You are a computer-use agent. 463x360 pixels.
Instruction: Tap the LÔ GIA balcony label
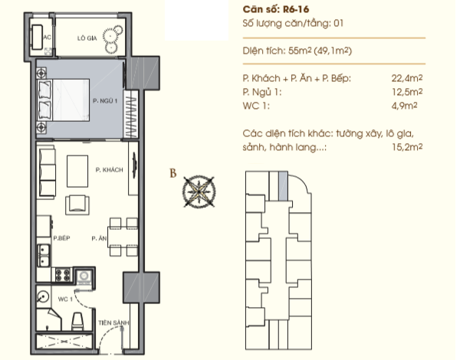click(x=87, y=38)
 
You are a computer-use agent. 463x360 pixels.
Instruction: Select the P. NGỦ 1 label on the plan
click(x=105, y=101)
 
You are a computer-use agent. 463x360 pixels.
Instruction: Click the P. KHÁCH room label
click(x=110, y=170)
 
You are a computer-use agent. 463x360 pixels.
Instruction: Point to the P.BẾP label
click(x=61, y=238)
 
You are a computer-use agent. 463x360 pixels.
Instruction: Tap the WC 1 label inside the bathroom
click(x=65, y=299)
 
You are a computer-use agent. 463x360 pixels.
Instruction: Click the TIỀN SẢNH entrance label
click(x=113, y=322)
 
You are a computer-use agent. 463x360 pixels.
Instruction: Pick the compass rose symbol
click(x=199, y=191)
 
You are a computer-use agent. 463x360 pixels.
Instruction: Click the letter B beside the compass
click(x=173, y=173)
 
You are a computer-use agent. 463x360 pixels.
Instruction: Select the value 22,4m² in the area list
click(x=407, y=78)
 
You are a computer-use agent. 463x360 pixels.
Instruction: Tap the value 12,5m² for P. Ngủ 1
click(x=407, y=92)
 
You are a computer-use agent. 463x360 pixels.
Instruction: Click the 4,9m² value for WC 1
click(x=404, y=106)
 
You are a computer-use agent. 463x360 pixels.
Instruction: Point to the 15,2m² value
click(x=407, y=146)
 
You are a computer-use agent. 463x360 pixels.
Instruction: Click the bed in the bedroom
click(x=63, y=100)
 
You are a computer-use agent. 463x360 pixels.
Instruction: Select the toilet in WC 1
click(x=77, y=321)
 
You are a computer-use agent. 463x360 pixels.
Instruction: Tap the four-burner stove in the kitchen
click(x=63, y=274)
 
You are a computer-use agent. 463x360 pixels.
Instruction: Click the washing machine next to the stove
click(x=84, y=277)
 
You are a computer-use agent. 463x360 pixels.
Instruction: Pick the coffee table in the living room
click(x=77, y=171)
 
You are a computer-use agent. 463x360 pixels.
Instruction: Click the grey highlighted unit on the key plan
click(x=283, y=186)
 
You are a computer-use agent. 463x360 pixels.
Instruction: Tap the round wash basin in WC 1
click(x=43, y=296)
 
